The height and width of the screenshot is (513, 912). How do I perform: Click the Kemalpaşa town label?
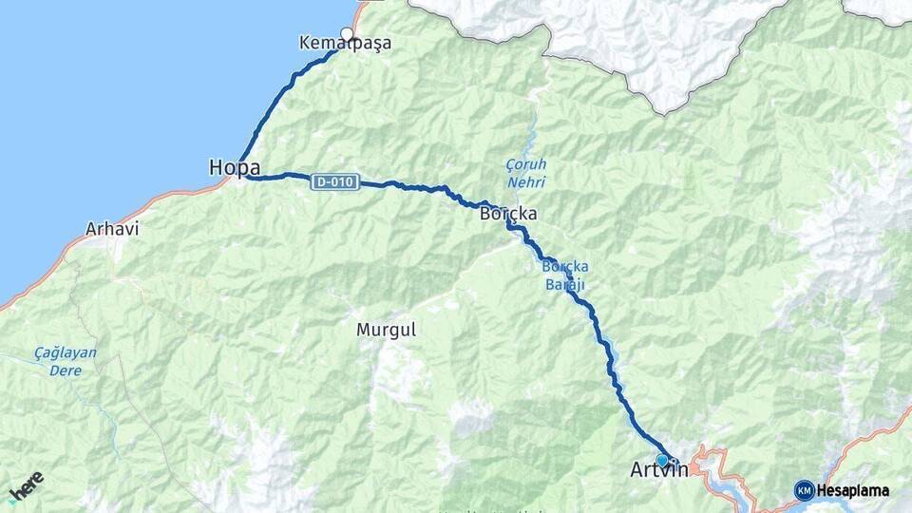(x=345, y=44)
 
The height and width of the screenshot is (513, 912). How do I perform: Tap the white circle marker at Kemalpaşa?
(x=347, y=35)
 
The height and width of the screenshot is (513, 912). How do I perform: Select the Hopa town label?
(x=235, y=168)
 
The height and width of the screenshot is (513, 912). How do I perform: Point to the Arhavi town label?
(x=112, y=229)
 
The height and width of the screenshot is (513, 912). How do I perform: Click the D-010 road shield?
(x=334, y=181)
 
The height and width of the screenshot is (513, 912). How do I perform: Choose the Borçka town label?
(x=508, y=214)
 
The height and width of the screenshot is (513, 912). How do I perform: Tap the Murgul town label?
(x=386, y=330)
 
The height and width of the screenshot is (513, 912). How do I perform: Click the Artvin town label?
(x=659, y=470)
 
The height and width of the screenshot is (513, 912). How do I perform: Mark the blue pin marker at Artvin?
(x=662, y=461)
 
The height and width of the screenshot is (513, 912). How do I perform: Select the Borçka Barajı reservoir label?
(x=565, y=275)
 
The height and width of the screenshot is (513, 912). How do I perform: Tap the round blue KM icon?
(x=804, y=490)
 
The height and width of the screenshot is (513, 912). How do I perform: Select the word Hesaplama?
(x=852, y=491)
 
